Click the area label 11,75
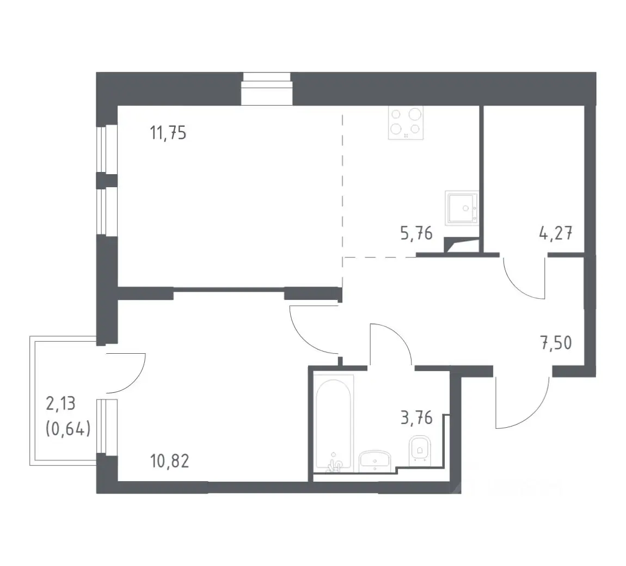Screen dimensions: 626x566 (x=168, y=133)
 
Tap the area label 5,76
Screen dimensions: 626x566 (x=416, y=233)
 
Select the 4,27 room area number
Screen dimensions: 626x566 (x=556, y=233)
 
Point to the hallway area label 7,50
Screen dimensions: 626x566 (x=556, y=343)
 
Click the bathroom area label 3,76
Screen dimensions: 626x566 (x=416, y=418)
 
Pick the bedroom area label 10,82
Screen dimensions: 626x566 (x=170, y=461)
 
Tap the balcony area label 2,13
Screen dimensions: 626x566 (x=60, y=404)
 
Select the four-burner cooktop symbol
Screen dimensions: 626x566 (x=406, y=122)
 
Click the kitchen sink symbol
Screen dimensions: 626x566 (x=462, y=207)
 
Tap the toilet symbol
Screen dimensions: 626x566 (x=420, y=450)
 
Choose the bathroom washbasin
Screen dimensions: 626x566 (x=375, y=460)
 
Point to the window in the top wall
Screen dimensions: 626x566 (x=267, y=89)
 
